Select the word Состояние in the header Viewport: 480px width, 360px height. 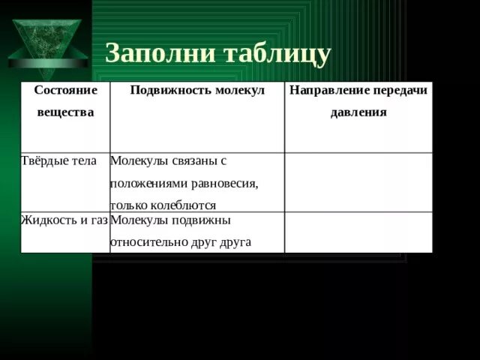pyautogui.click(x=67, y=89)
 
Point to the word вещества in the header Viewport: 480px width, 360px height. pyautogui.click(x=65, y=112)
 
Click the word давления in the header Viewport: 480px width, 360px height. pyautogui.click(x=358, y=112)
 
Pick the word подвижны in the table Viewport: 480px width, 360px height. pyautogui.click(x=203, y=220)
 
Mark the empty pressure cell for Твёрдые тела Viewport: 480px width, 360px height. pyautogui.click(x=358, y=182)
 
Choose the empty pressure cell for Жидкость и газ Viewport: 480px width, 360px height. pyautogui.click(x=358, y=232)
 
